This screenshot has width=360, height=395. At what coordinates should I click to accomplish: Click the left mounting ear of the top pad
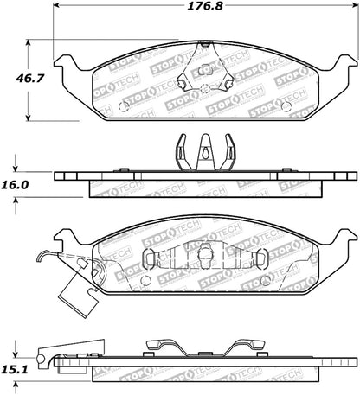pos(66,64)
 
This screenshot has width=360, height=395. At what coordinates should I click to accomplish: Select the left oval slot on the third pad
pos(148,258)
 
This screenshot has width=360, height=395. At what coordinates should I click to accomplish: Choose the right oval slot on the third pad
pos(257,258)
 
